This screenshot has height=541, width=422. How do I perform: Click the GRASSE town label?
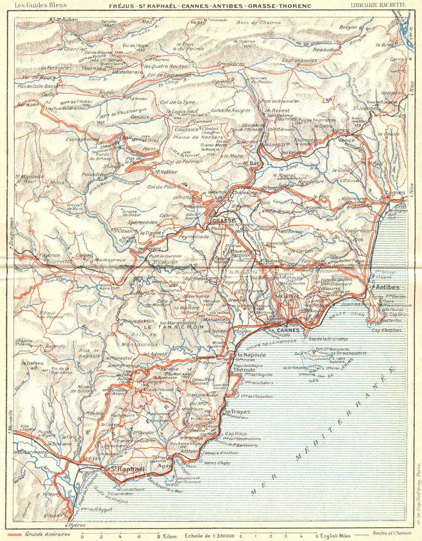point(224,221)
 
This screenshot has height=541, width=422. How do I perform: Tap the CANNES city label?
point(289,330)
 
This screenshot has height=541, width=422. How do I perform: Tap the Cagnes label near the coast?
point(395,192)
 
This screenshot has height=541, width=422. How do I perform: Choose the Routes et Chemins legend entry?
point(392,534)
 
